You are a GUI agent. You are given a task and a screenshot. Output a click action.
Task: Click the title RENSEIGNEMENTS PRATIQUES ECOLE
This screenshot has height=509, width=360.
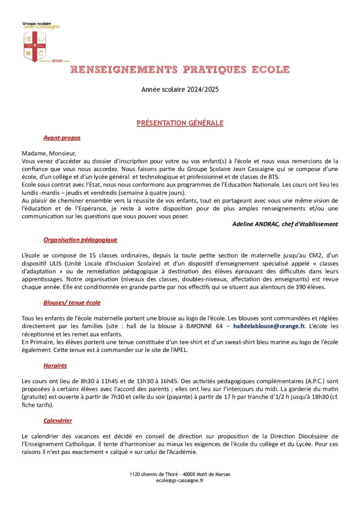180,69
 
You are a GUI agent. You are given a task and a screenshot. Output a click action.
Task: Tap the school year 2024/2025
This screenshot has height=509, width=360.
180,90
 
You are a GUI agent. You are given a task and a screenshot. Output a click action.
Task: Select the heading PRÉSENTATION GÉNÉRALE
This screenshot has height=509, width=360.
180,123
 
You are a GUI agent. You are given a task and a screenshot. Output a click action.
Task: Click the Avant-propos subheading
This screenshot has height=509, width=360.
62,138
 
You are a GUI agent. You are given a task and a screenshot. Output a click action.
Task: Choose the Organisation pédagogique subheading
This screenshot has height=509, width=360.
80,240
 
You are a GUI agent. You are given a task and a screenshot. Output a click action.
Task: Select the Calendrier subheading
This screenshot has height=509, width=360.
58,420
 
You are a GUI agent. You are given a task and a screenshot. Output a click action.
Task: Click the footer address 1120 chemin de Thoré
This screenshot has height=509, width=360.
155,474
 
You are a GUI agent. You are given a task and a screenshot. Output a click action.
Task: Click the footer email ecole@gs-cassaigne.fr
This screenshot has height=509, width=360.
180,481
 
